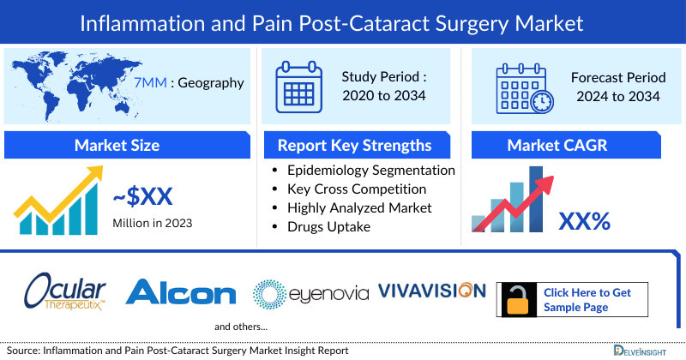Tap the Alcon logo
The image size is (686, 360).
click(x=181, y=293)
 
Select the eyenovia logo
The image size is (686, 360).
click(x=310, y=293)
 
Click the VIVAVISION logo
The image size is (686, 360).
click(x=431, y=291)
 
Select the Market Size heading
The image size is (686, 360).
click(x=117, y=145)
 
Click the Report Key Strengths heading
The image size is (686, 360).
click(x=354, y=145)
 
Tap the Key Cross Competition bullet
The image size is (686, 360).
click(x=357, y=189)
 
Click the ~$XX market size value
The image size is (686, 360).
click(x=143, y=197)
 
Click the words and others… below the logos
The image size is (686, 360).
click(x=241, y=327)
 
